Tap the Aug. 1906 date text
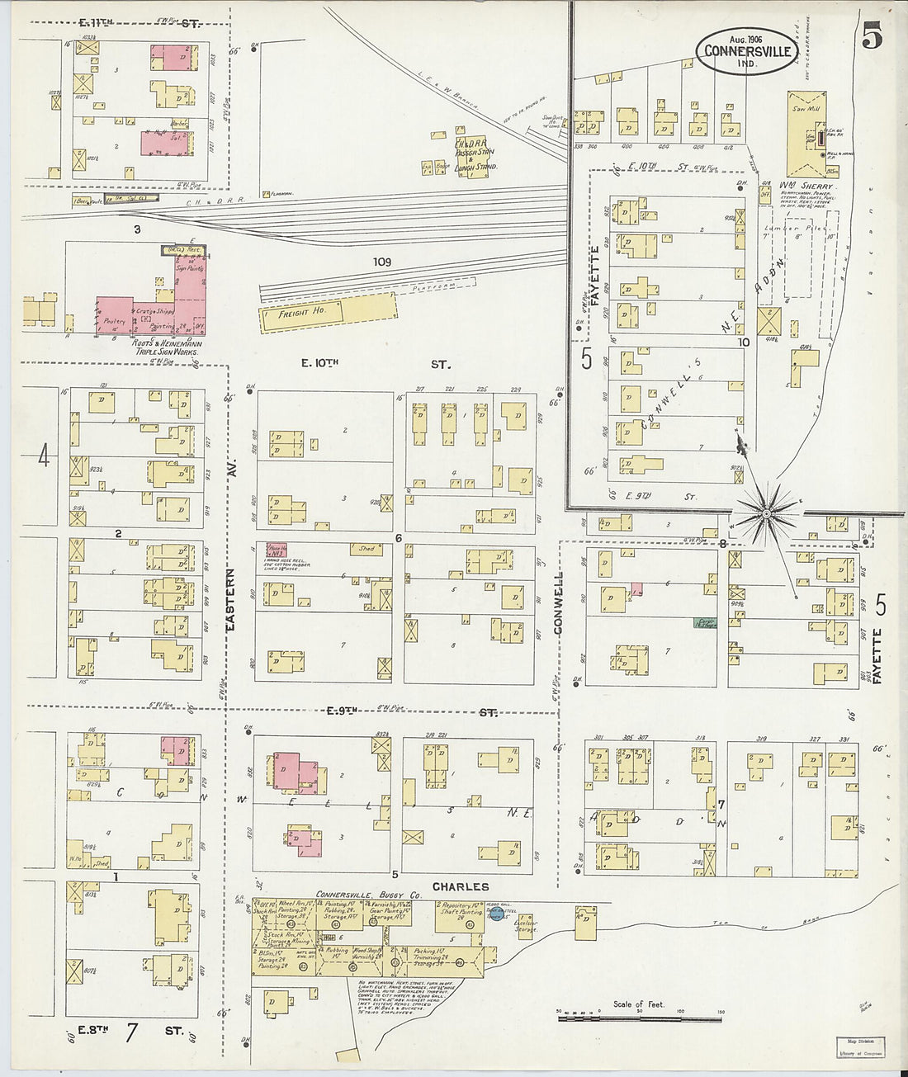pos(745,39)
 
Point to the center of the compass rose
pos(767,514)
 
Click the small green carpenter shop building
pos(705,624)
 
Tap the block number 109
pos(381,262)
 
